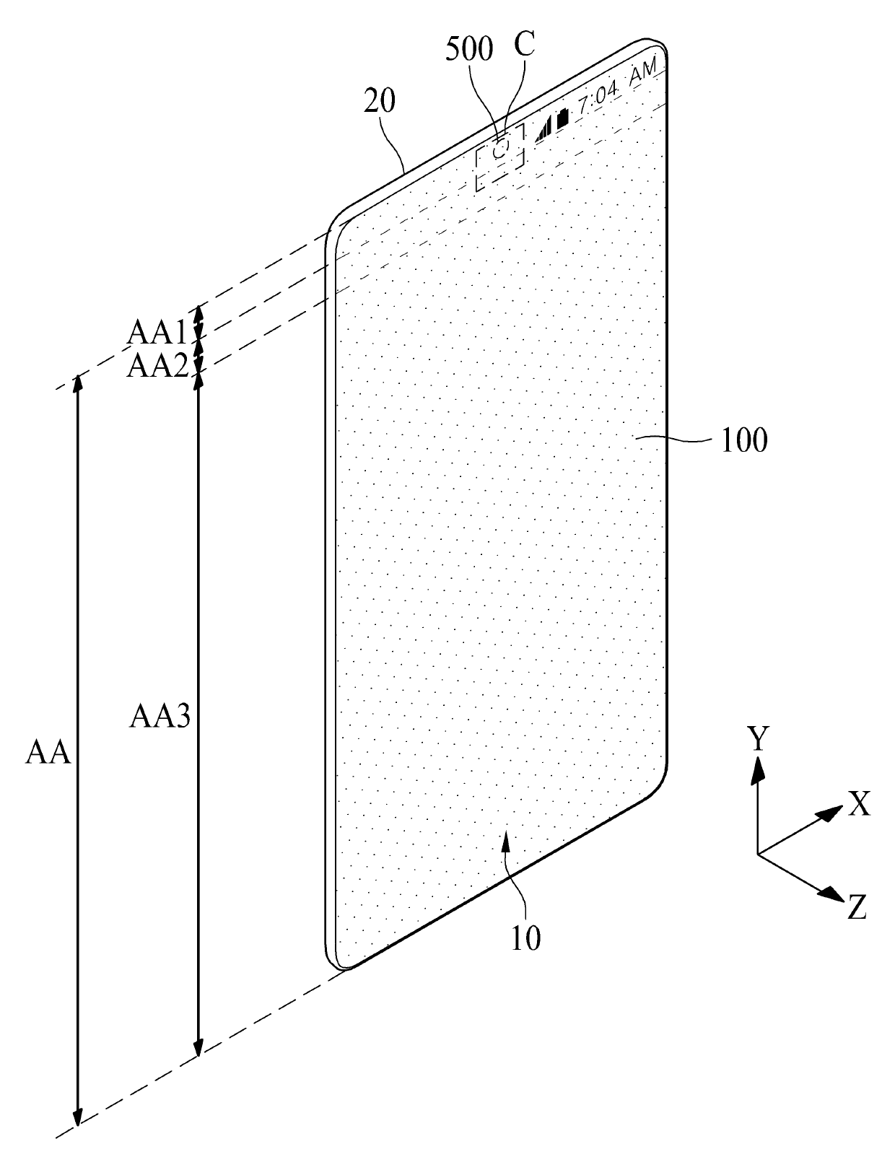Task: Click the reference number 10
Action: click(525, 938)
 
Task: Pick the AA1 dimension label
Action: click(157, 333)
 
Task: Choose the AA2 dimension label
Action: click(157, 366)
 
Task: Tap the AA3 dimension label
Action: click(160, 717)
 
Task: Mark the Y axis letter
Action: click(757, 739)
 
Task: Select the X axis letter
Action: click(859, 803)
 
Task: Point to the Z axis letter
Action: click(857, 907)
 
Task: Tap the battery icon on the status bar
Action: click(563, 118)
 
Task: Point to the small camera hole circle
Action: click(502, 146)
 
